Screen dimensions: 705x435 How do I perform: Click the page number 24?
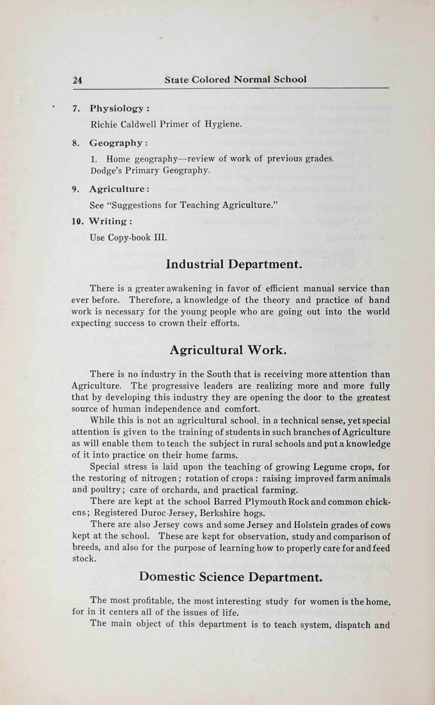77,80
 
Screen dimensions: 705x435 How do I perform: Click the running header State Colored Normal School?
235,79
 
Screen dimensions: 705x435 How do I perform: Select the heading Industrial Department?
234,264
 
